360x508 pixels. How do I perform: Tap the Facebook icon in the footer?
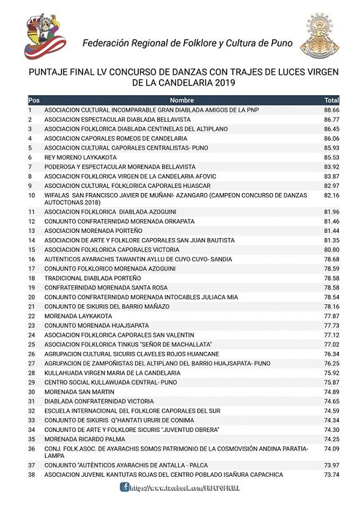124,487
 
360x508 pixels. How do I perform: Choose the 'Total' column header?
331,100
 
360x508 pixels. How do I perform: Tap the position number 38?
31,475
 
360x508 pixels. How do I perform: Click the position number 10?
31,196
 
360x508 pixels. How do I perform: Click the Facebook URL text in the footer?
185,487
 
